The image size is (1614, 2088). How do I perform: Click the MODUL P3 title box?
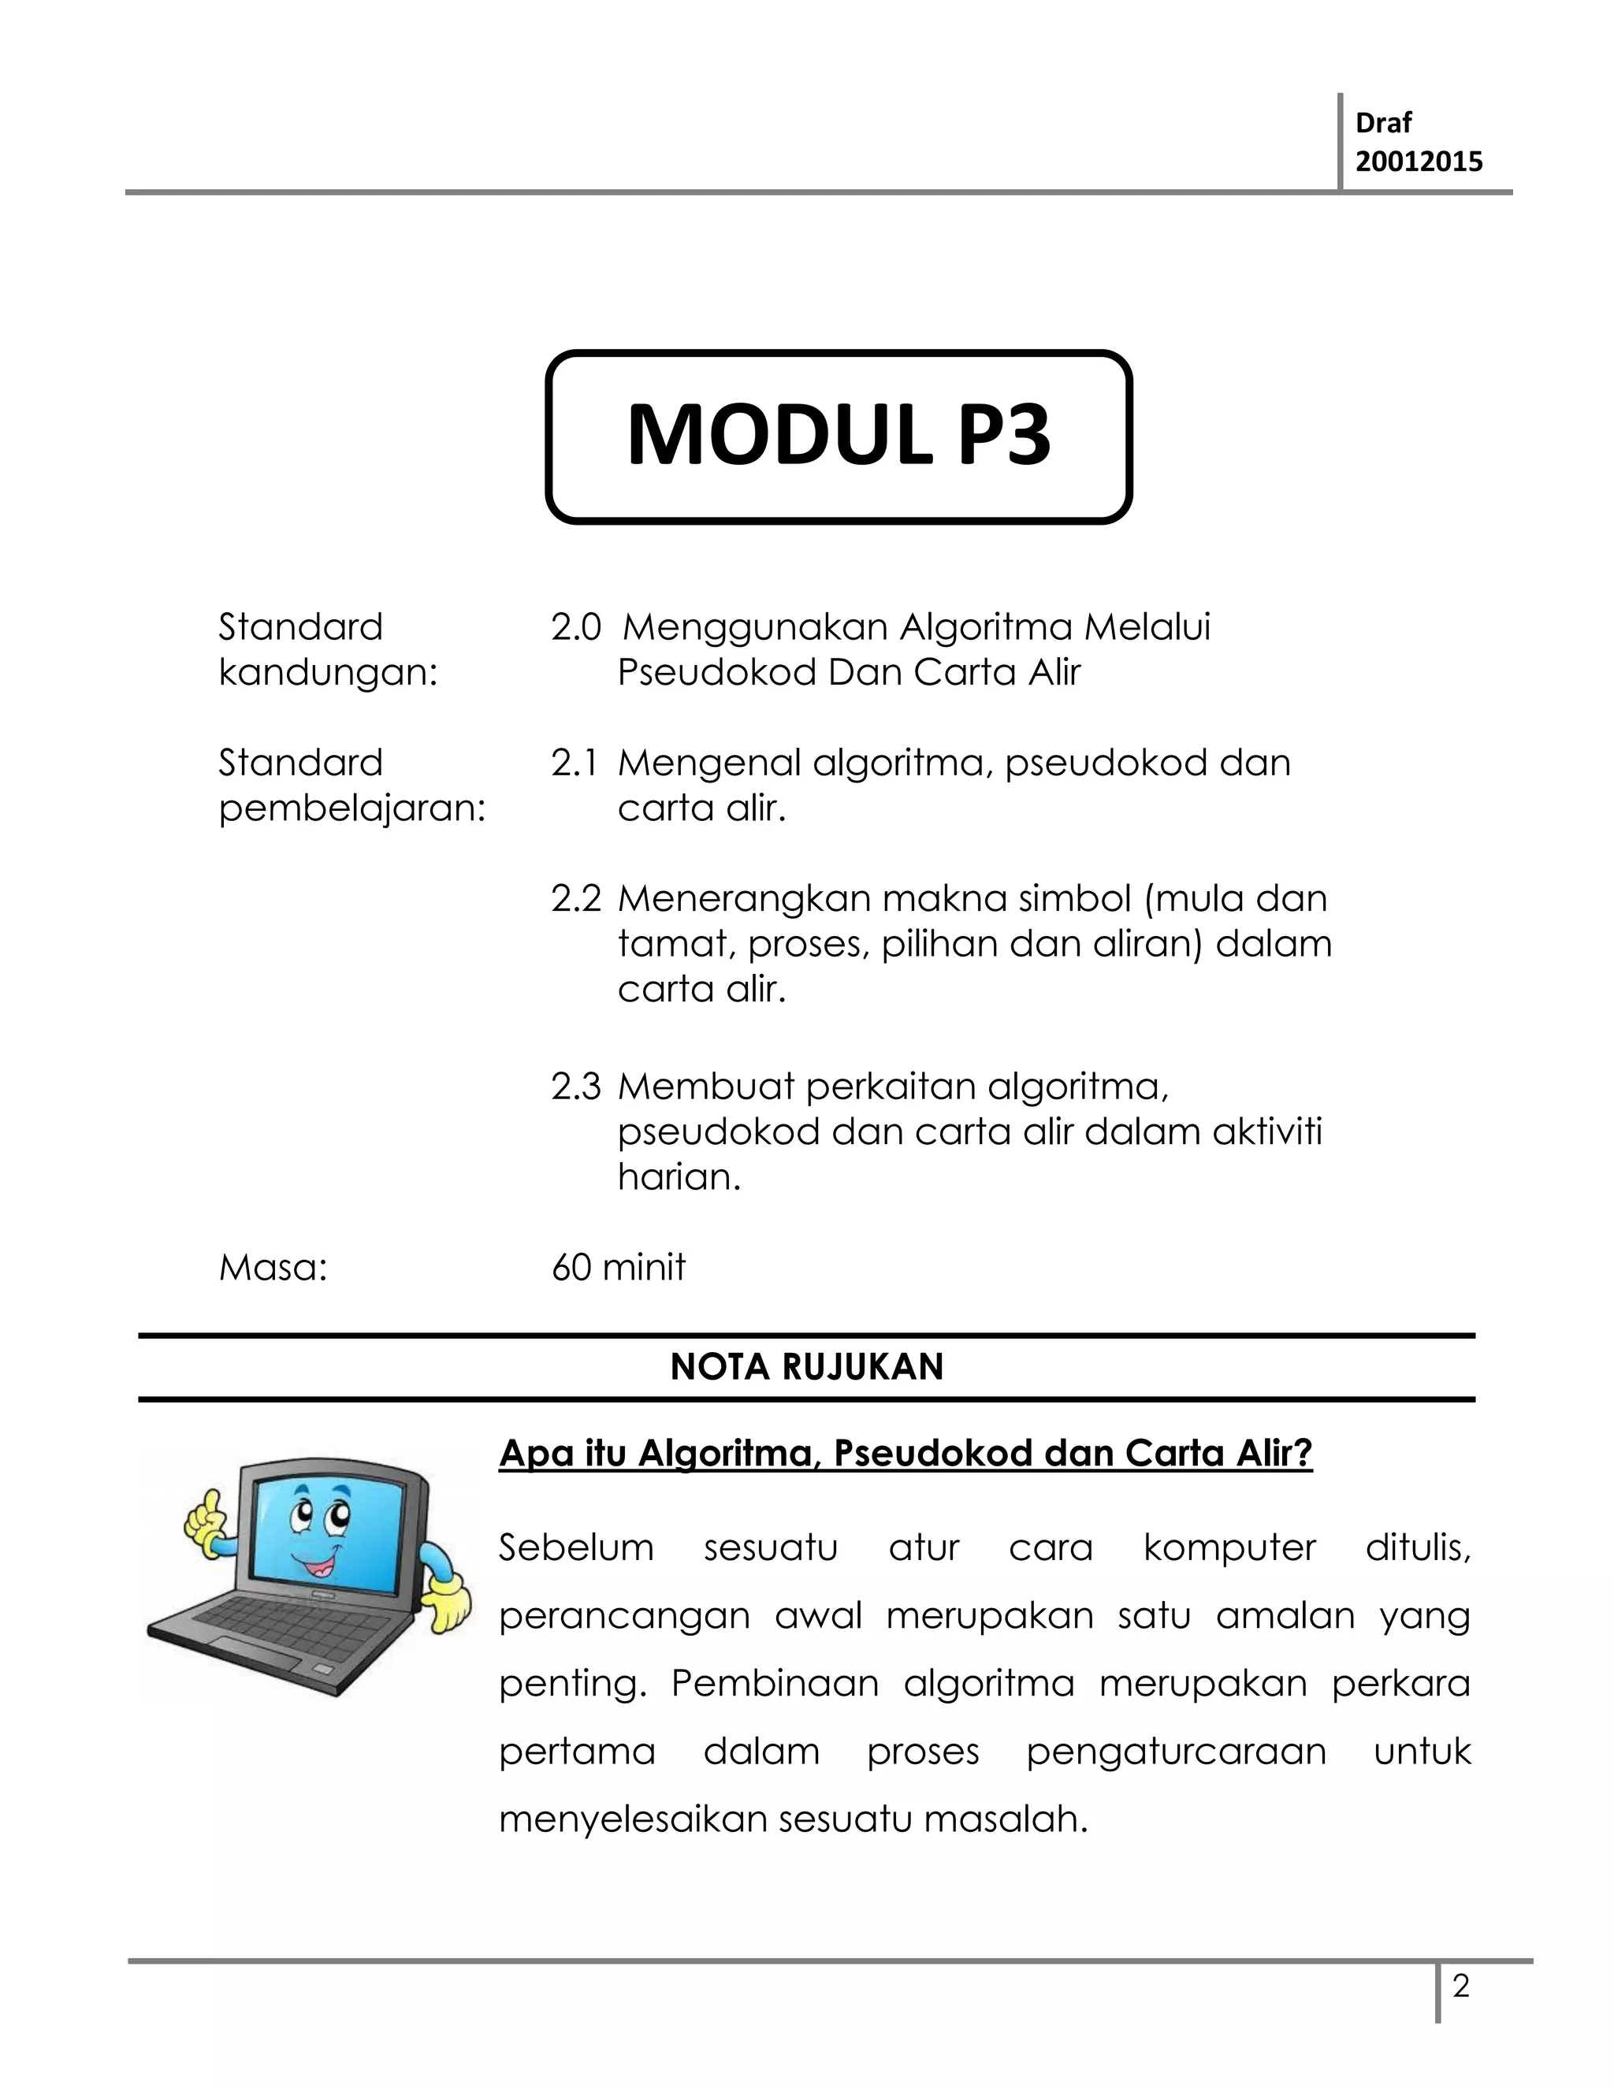pyautogui.click(x=839, y=437)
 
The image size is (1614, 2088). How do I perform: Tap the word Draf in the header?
pyautogui.click(x=1382, y=124)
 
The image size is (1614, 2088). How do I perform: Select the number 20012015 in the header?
pyautogui.click(x=1419, y=162)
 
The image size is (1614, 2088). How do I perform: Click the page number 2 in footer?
pyautogui.click(x=1460, y=1988)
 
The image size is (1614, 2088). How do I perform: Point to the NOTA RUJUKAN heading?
pyautogui.click(x=806, y=1367)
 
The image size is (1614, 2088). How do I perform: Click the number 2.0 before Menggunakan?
pyautogui.click(x=575, y=628)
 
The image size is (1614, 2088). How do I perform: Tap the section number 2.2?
pyautogui.click(x=575, y=900)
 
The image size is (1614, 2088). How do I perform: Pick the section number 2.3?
pyautogui.click(x=575, y=1087)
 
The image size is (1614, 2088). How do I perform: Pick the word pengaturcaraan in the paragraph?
pyautogui.click(x=1176, y=1752)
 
